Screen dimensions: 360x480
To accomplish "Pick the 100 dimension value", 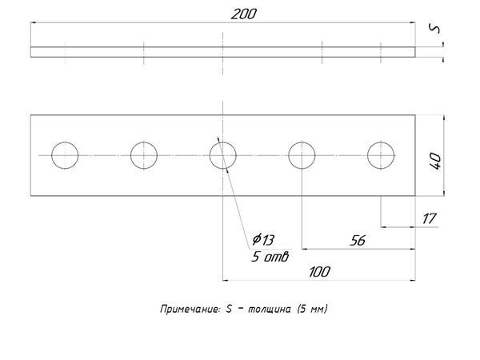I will pos(318,271).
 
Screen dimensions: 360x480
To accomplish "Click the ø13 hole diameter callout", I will pos(262,239).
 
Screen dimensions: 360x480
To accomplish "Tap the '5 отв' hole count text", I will pos(270,257).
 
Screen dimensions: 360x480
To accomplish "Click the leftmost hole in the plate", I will pos(65,154).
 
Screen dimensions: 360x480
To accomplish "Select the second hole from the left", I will pos(144,154).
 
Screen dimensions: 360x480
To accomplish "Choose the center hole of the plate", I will pos(222,154).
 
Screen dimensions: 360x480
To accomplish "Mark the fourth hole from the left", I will pos(301,154).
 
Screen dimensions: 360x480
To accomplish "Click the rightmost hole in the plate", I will pos(381,154).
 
